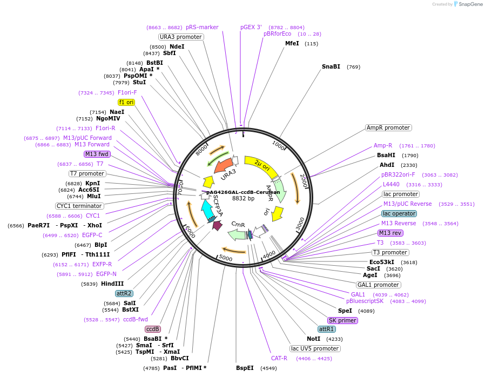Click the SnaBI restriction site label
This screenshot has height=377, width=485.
[x=331, y=67]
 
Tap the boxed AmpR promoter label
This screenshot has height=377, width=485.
[x=388, y=128]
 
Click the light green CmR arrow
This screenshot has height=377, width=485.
[x=237, y=234]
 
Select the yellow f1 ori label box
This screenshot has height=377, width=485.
[x=126, y=102]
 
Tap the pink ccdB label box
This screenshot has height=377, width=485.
[x=153, y=329]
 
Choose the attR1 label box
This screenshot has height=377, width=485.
[x=326, y=329]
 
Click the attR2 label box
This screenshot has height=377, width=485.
[x=124, y=293]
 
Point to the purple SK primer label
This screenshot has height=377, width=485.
[x=342, y=320]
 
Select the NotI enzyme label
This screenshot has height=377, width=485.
[x=313, y=339]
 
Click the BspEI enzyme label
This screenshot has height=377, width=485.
[x=245, y=368]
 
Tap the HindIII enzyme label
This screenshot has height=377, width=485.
[x=112, y=284]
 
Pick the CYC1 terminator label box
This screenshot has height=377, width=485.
[x=79, y=206]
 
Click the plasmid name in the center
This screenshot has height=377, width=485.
[x=243, y=192]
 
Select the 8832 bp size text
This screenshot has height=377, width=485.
[x=243, y=199]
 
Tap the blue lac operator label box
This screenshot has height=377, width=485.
[x=399, y=213]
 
